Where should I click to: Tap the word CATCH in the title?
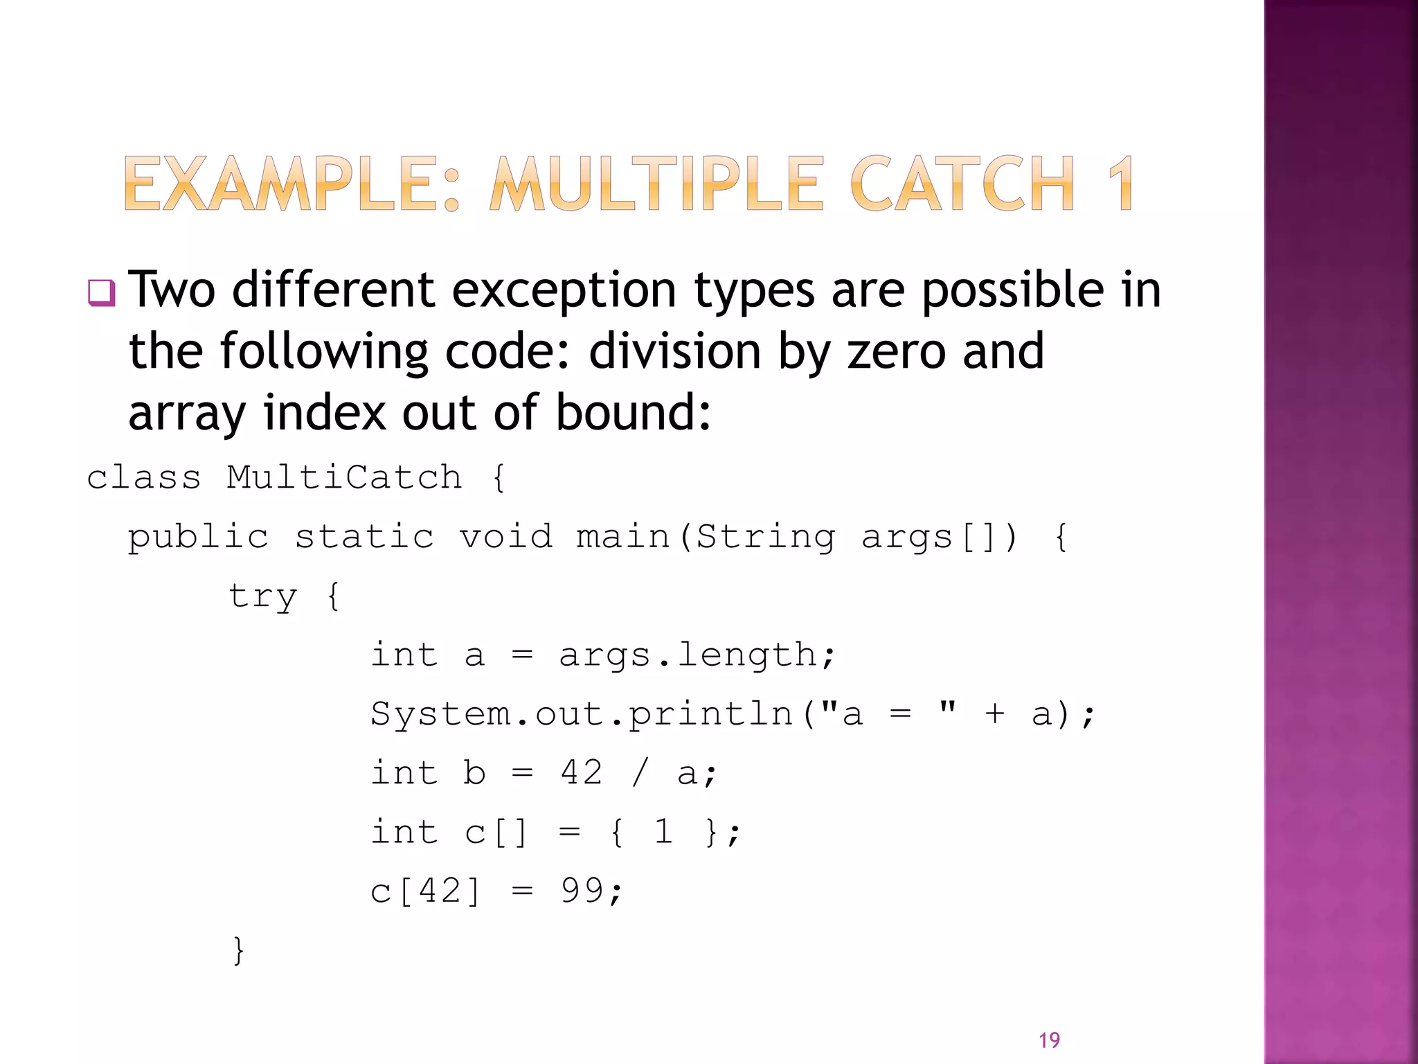click(962, 184)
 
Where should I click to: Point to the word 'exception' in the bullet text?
click(564, 291)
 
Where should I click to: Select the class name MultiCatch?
click(344, 478)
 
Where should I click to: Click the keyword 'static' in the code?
click(364, 537)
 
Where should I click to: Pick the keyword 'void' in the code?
click(506, 537)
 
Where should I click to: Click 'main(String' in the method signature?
click(706, 538)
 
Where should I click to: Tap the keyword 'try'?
click(263, 596)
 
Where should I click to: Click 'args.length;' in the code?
click(697, 655)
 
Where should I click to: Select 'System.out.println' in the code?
click(582, 714)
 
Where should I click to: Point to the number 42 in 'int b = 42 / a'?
click(582, 772)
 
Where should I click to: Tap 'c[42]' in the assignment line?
click(425, 891)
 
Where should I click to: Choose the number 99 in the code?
click(582, 891)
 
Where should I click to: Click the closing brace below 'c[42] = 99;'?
click(239, 950)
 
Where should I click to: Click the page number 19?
click(1049, 1040)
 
